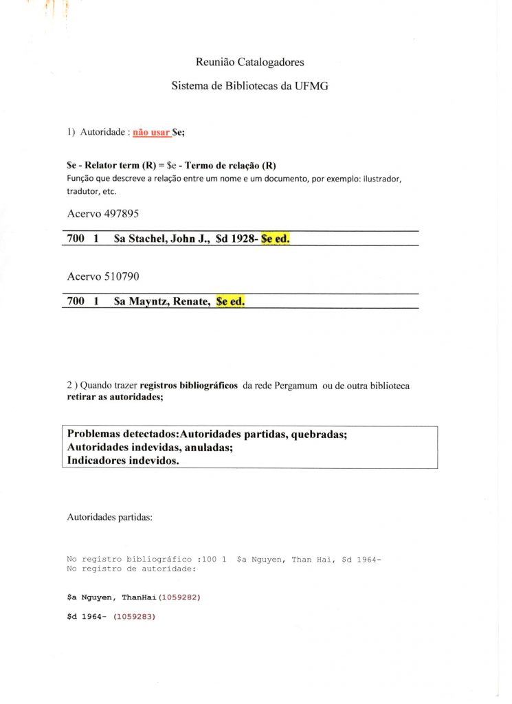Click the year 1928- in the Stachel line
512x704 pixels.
tap(243, 239)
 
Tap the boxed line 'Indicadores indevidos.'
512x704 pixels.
tap(123, 461)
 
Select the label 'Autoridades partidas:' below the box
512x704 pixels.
tap(109, 517)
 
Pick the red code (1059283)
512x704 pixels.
tap(135, 616)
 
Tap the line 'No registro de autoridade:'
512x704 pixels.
tap(131, 569)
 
